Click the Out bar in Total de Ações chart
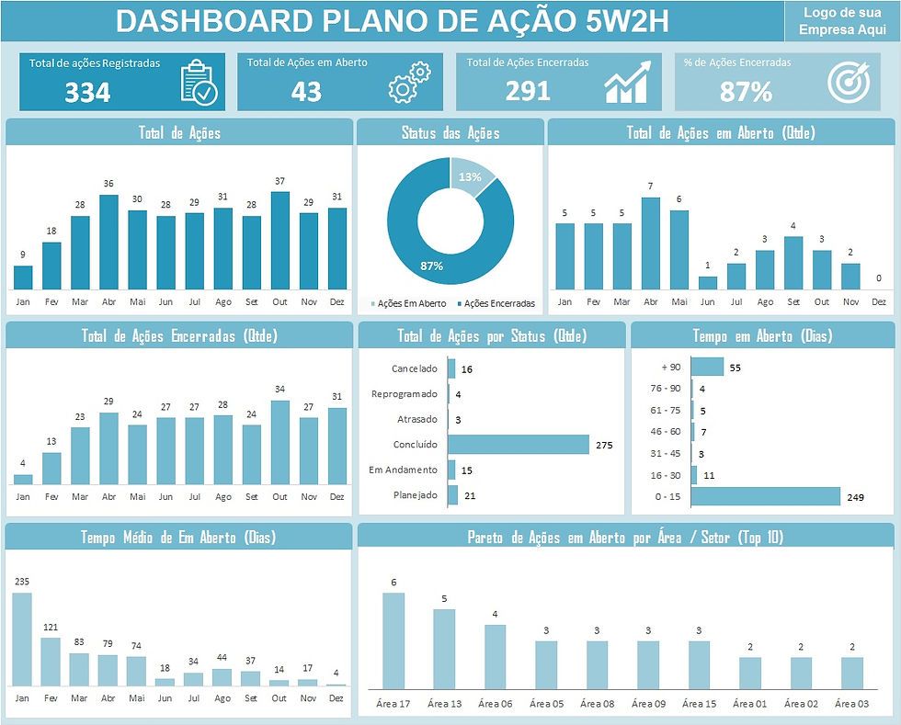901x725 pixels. click(279, 241)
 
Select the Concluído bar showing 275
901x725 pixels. click(519, 445)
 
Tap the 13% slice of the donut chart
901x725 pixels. click(470, 176)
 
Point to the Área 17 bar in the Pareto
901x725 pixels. click(393, 640)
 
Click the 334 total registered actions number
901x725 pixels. click(87, 92)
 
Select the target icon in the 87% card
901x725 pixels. click(848, 82)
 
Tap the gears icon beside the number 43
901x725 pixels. click(409, 82)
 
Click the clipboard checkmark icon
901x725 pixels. click(199, 82)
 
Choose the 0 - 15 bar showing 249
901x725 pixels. click(765, 497)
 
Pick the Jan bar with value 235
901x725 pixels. click(22, 639)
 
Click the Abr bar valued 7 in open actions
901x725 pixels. click(650, 244)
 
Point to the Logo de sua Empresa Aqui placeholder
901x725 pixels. click(842, 21)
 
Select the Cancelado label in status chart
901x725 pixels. click(415, 368)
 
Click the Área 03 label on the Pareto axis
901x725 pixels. click(851, 704)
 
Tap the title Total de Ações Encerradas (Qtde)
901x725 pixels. click(179, 336)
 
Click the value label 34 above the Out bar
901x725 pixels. click(279, 389)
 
